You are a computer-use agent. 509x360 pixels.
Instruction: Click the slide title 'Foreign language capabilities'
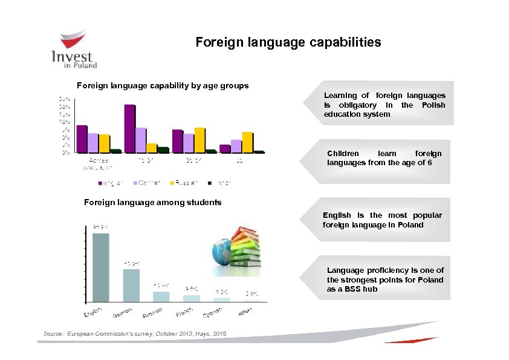(x=288, y=42)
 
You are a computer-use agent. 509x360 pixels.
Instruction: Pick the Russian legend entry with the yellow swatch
(x=181, y=182)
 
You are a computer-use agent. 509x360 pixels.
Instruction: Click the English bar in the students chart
(x=100, y=267)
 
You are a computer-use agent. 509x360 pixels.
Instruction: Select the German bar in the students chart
(x=131, y=285)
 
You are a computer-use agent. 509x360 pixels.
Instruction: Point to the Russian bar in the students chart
(x=161, y=296)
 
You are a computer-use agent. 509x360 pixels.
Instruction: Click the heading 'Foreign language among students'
(x=152, y=202)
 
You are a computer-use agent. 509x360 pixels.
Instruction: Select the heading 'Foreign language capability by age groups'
(x=162, y=85)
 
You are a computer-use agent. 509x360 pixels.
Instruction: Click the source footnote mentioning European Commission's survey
(x=135, y=333)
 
